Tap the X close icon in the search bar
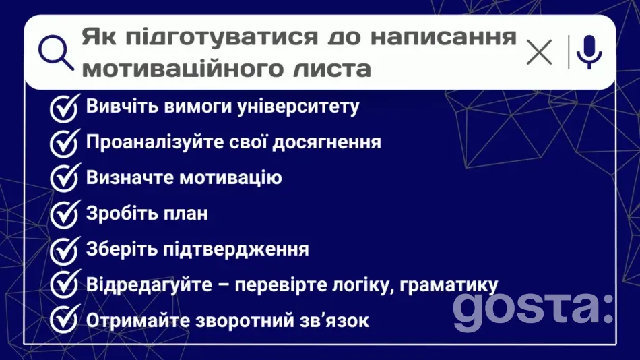[x=539, y=52]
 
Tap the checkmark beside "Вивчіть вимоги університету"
[x=65, y=107]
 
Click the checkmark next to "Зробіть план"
[x=65, y=214]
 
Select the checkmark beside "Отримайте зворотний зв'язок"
[x=65, y=320]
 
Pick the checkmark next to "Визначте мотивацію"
[x=65, y=179]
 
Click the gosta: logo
[x=532, y=309]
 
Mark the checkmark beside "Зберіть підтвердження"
[x=65, y=250]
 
